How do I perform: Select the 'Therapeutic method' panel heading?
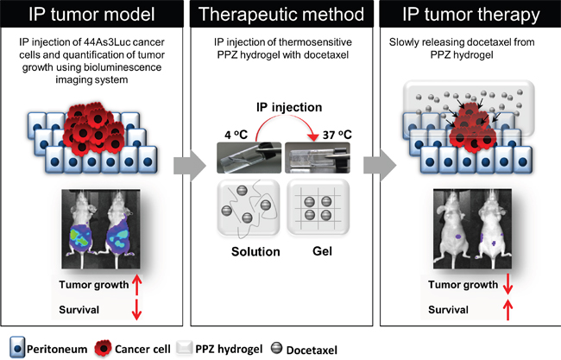[280, 16]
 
